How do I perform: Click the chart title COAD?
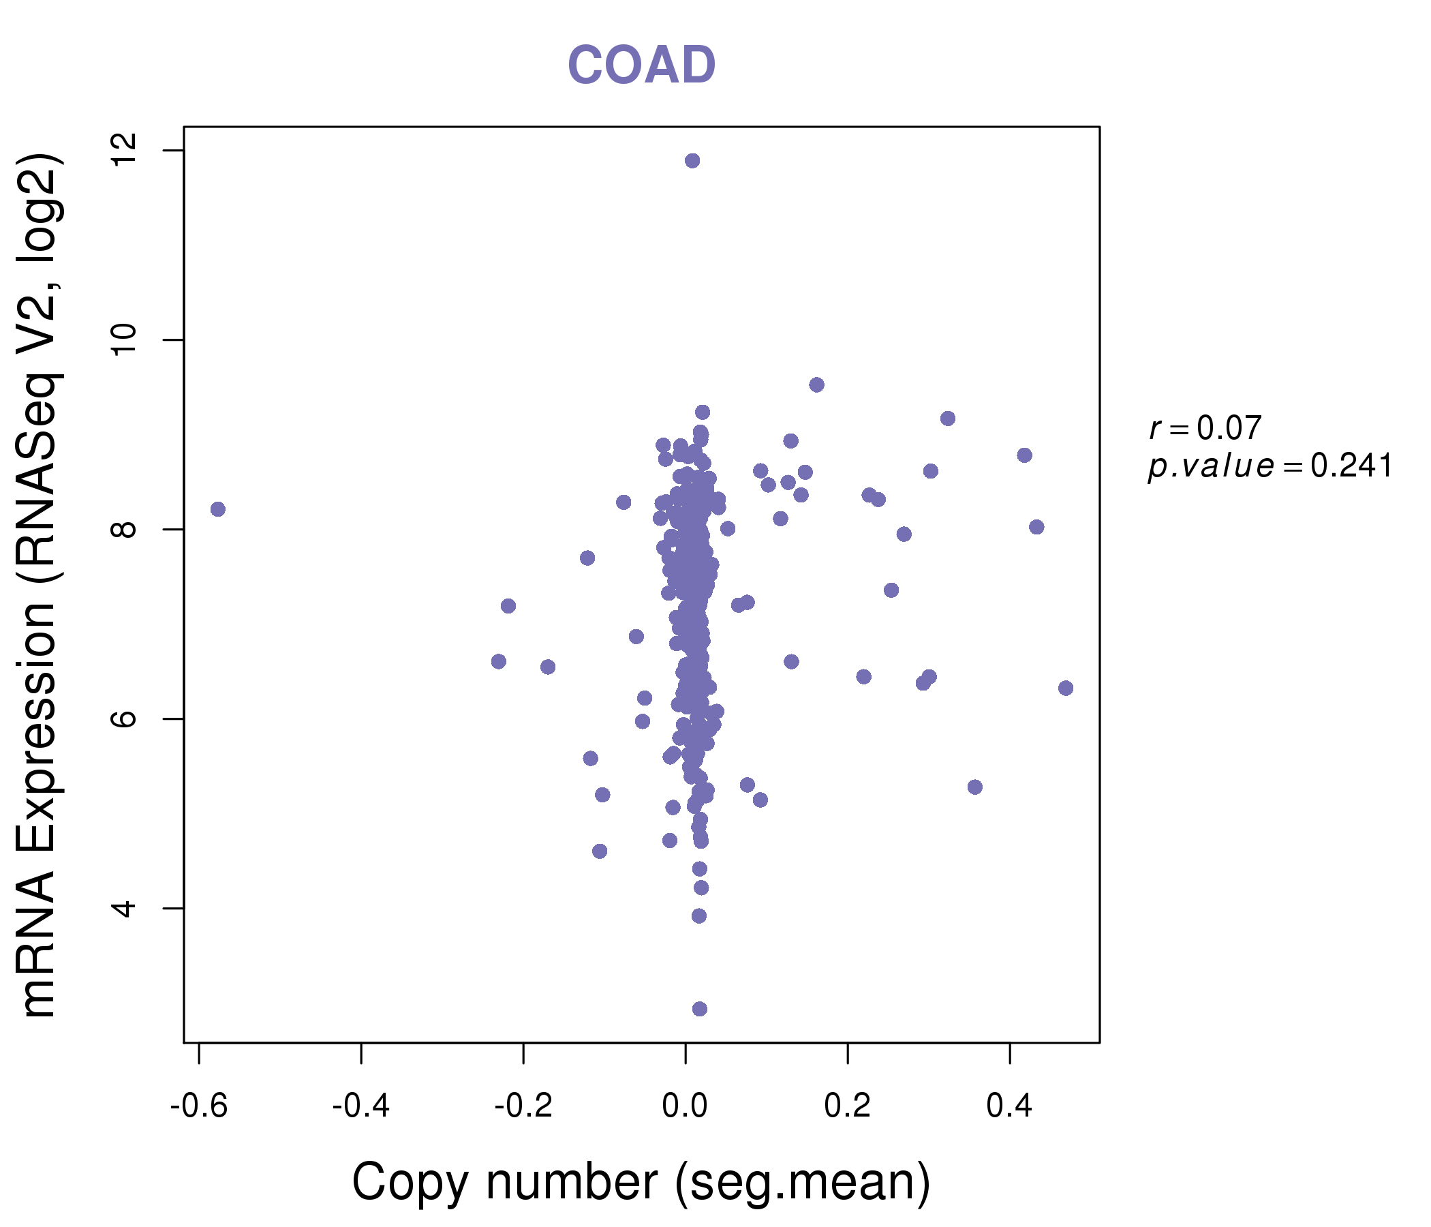(641, 65)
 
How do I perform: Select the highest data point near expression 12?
(692, 161)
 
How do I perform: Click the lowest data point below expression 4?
(700, 1009)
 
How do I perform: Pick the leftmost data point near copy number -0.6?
(218, 509)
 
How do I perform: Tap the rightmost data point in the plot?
(1066, 688)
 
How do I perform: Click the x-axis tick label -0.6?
(199, 1107)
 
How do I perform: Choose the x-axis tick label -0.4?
(361, 1107)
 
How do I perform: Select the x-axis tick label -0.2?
(523, 1107)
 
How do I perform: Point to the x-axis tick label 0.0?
(685, 1107)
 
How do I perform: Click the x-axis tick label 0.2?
(848, 1107)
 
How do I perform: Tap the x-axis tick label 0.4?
(1010, 1107)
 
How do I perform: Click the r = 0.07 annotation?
(1205, 428)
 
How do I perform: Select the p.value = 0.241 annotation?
(1270, 466)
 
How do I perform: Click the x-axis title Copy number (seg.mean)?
(641, 1182)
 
